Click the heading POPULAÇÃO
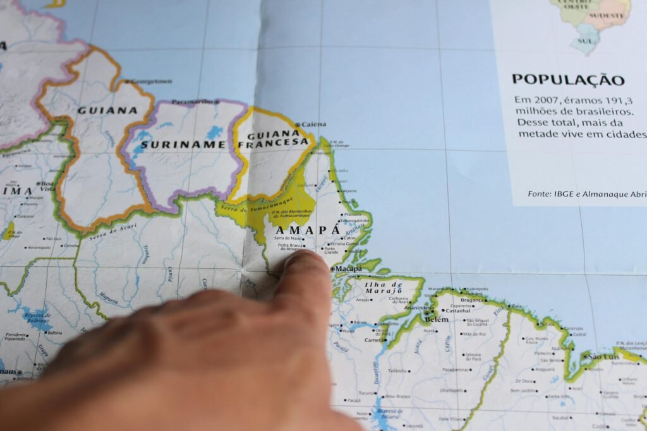click(x=567, y=80)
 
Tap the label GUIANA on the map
click(x=107, y=110)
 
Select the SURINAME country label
click(x=183, y=145)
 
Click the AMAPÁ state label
click(x=308, y=231)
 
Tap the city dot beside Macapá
click(x=332, y=269)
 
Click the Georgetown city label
click(x=152, y=81)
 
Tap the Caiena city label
click(x=314, y=124)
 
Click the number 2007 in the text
click(x=544, y=100)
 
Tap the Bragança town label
click(x=471, y=300)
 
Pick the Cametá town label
click(x=375, y=340)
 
